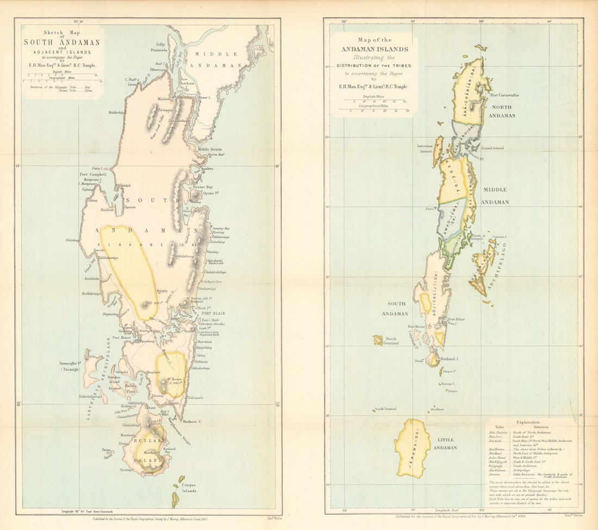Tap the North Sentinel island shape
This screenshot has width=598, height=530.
(x=378, y=340)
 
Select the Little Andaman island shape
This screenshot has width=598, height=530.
(x=413, y=448)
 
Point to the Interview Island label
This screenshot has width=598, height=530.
(x=425, y=147)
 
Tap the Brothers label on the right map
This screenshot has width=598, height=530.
(x=436, y=409)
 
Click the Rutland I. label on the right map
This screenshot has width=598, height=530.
(x=450, y=359)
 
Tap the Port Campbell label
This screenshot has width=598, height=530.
(x=91, y=175)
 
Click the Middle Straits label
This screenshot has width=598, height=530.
(x=211, y=149)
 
